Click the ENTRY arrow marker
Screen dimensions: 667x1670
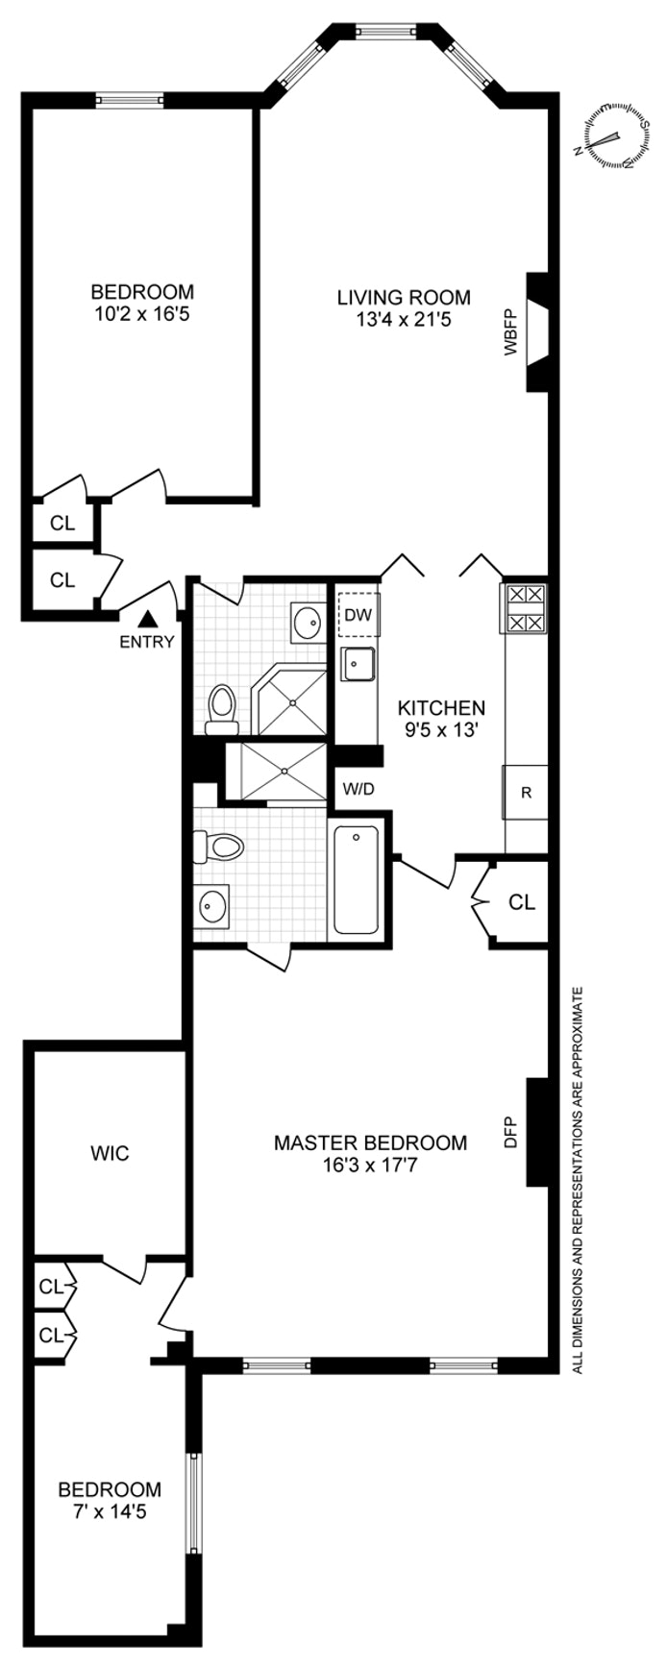(x=148, y=621)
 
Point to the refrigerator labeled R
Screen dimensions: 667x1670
(x=526, y=793)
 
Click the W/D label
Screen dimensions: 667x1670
(x=358, y=790)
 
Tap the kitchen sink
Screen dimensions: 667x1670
(x=358, y=663)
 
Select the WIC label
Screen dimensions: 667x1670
(x=110, y=1152)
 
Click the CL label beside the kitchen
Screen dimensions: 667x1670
(x=521, y=902)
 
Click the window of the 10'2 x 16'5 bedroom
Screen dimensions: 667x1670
(x=129, y=99)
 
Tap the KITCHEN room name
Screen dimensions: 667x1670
(x=441, y=707)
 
